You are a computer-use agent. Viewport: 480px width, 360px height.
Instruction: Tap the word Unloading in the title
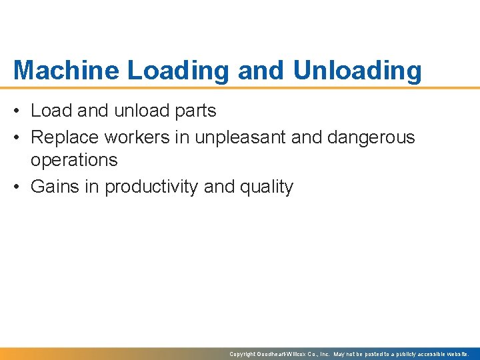point(357,71)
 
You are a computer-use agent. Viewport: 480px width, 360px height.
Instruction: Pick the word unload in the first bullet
point(141,111)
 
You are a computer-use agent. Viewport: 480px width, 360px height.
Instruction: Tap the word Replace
point(62,137)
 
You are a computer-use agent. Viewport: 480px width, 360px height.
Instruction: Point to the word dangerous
point(371,137)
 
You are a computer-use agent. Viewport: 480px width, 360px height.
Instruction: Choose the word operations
point(74,160)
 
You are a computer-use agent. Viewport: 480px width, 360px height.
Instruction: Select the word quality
point(267,187)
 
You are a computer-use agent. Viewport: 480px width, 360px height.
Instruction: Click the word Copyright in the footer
point(243,354)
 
